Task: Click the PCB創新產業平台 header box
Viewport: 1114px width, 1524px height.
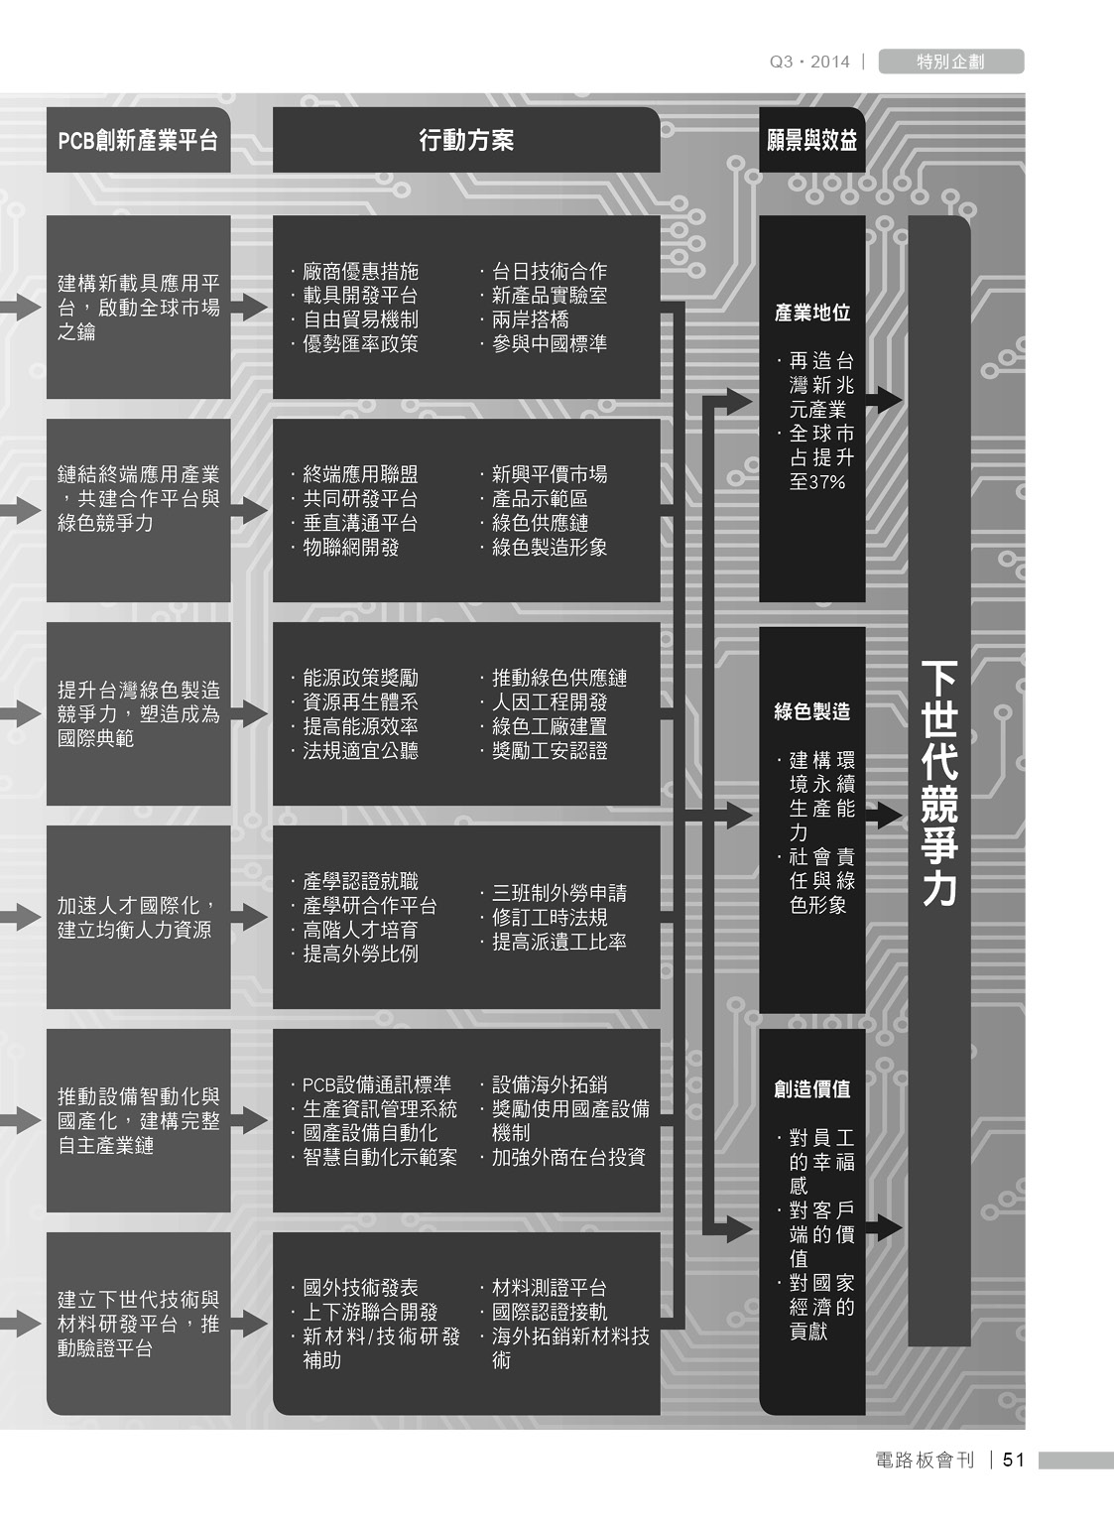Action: (x=138, y=140)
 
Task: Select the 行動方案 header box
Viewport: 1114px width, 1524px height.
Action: (x=466, y=140)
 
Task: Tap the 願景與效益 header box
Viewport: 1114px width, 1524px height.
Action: (x=811, y=140)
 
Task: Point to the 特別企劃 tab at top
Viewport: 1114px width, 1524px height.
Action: (x=950, y=62)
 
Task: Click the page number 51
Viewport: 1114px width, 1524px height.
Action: (x=1014, y=1460)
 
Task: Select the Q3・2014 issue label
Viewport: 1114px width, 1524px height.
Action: (x=809, y=62)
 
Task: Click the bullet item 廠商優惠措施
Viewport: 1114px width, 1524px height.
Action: (x=354, y=272)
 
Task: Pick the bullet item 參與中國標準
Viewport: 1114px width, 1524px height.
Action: (x=544, y=343)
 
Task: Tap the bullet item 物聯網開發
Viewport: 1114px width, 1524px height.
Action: (x=345, y=547)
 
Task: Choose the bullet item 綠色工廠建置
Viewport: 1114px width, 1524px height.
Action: (x=544, y=726)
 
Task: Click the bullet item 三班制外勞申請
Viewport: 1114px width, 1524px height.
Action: (x=553, y=893)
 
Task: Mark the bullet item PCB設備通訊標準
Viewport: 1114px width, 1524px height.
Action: (x=371, y=1084)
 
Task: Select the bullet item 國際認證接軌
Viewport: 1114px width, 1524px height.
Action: (x=544, y=1312)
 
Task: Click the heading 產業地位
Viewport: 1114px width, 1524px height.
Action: (x=812, y=313)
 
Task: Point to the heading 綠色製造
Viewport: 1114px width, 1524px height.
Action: (x=812, y=711)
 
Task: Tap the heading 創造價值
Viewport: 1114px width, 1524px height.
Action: (x=812, y=1089)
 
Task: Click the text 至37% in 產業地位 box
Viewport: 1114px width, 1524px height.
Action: (x=816, y=482)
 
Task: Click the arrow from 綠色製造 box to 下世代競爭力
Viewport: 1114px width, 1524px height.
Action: (x=884, y=815)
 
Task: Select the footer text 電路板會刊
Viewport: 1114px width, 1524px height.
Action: (x=925, y=1460)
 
